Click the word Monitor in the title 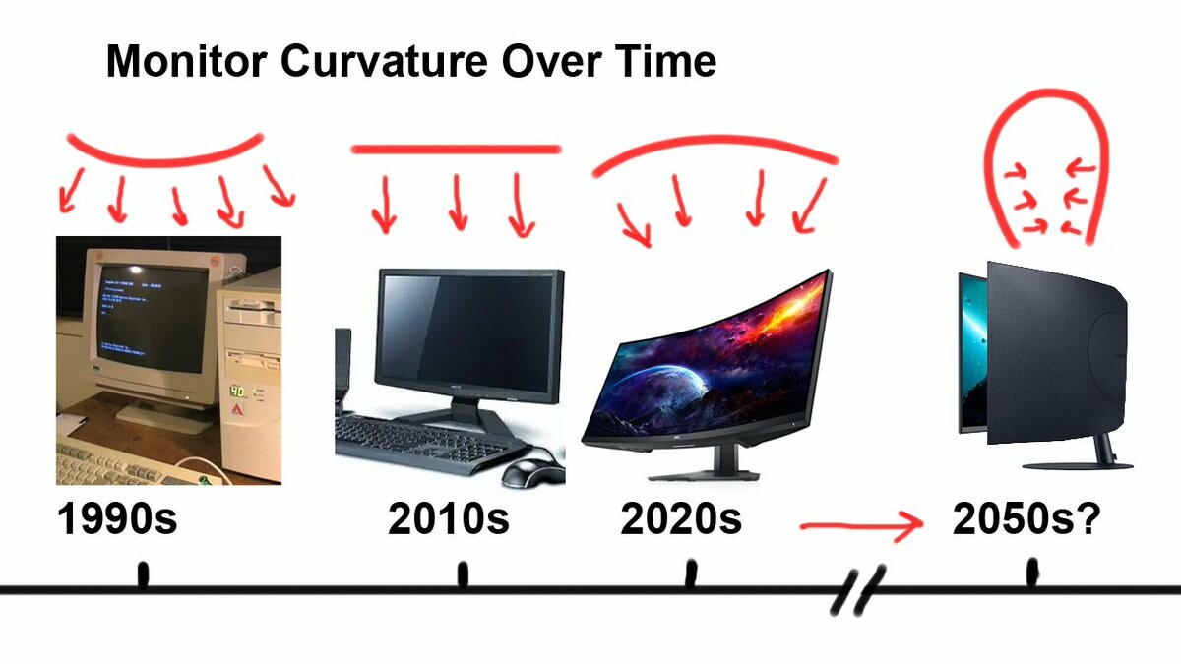tap(186, 61)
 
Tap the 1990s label tap(117, 518)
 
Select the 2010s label tap(448, 518)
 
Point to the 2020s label tap(681, 518)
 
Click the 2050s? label tap(1026, 518)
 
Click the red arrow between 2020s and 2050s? tap(861, 525)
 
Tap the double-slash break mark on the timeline tap(858, 590)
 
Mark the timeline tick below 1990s tap(143, 574)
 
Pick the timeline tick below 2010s tap(463, 574)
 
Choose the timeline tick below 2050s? tap(1032, 572)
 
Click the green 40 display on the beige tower tap(237, 392)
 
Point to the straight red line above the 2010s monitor tap(456, 150)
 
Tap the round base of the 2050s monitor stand tap(1077, 465)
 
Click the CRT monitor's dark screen tap(153, 318)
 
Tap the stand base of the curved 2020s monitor tap(704, 474)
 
